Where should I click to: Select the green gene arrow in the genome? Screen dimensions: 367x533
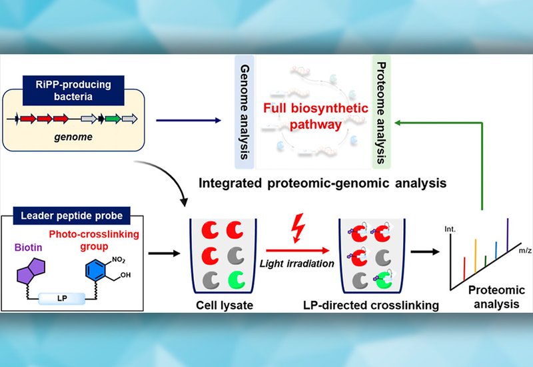(x=113, y=119)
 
